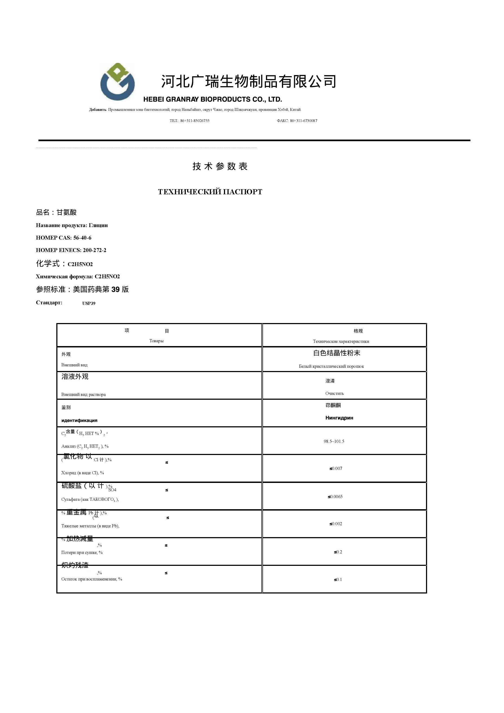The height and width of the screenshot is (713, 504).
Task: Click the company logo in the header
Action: coord(117,82)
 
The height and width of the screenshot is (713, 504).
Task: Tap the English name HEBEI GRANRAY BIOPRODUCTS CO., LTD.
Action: coord(213,100)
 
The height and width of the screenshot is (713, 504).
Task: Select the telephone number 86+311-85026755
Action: coord(195,121)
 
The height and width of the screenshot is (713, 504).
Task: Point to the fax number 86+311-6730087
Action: coord(303,121)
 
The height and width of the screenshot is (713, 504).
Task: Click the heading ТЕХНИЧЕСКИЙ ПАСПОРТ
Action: coord(210,192)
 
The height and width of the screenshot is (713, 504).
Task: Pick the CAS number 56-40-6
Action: coord(82,238)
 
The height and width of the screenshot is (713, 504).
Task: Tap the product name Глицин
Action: coord(98,225)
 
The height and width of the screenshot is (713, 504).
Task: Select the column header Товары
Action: coord(157,341)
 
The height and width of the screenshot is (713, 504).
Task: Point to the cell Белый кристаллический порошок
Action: coord(331,366)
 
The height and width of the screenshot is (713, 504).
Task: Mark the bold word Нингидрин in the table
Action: coord(339,418)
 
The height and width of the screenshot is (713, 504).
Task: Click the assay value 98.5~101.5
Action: coord(334,441)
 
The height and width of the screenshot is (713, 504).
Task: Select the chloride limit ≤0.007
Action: coord(336,469)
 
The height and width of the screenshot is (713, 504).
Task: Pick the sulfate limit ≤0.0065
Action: coord(335,496)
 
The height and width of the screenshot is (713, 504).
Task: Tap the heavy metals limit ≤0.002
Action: coord(336,524)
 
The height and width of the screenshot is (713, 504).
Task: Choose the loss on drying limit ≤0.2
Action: coord(338,552)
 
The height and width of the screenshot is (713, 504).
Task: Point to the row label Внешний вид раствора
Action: coord(83,395)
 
